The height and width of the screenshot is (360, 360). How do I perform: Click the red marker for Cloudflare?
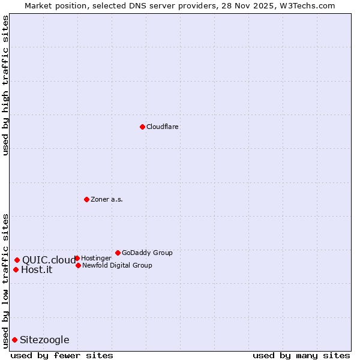tap(142, 127)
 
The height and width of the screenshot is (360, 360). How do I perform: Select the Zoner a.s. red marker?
tap(86, 199)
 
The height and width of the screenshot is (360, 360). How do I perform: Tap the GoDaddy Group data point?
tap(118, 253)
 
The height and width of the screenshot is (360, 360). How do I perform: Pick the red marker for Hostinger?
tap(77, 258)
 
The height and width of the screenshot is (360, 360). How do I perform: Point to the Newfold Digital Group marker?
tap(78, 265)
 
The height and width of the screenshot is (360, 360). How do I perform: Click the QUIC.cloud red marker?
tap(17, 260)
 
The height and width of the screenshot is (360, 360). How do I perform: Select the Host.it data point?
tap(16, 269)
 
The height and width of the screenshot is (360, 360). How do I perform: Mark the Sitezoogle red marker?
tap(14, 340)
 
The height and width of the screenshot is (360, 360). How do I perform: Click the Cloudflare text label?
tap(163, 127)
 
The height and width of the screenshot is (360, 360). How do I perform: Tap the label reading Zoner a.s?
tap(107, 200)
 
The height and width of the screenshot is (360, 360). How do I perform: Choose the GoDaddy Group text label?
tap(147, 253)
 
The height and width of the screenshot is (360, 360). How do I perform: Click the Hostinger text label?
tap(96, 259)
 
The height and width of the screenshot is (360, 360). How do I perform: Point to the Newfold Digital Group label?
tap(117, 266)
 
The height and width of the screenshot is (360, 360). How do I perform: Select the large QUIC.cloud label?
tap(49, 260)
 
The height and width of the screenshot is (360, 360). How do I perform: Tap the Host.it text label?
tap(37, 270)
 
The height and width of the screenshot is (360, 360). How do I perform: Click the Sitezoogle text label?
tap(44, 340)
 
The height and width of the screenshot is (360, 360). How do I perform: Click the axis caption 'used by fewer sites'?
tap(62, 356)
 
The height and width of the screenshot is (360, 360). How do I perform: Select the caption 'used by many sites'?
tap(301, 356)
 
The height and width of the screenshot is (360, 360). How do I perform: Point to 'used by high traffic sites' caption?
tap(5, 85)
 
